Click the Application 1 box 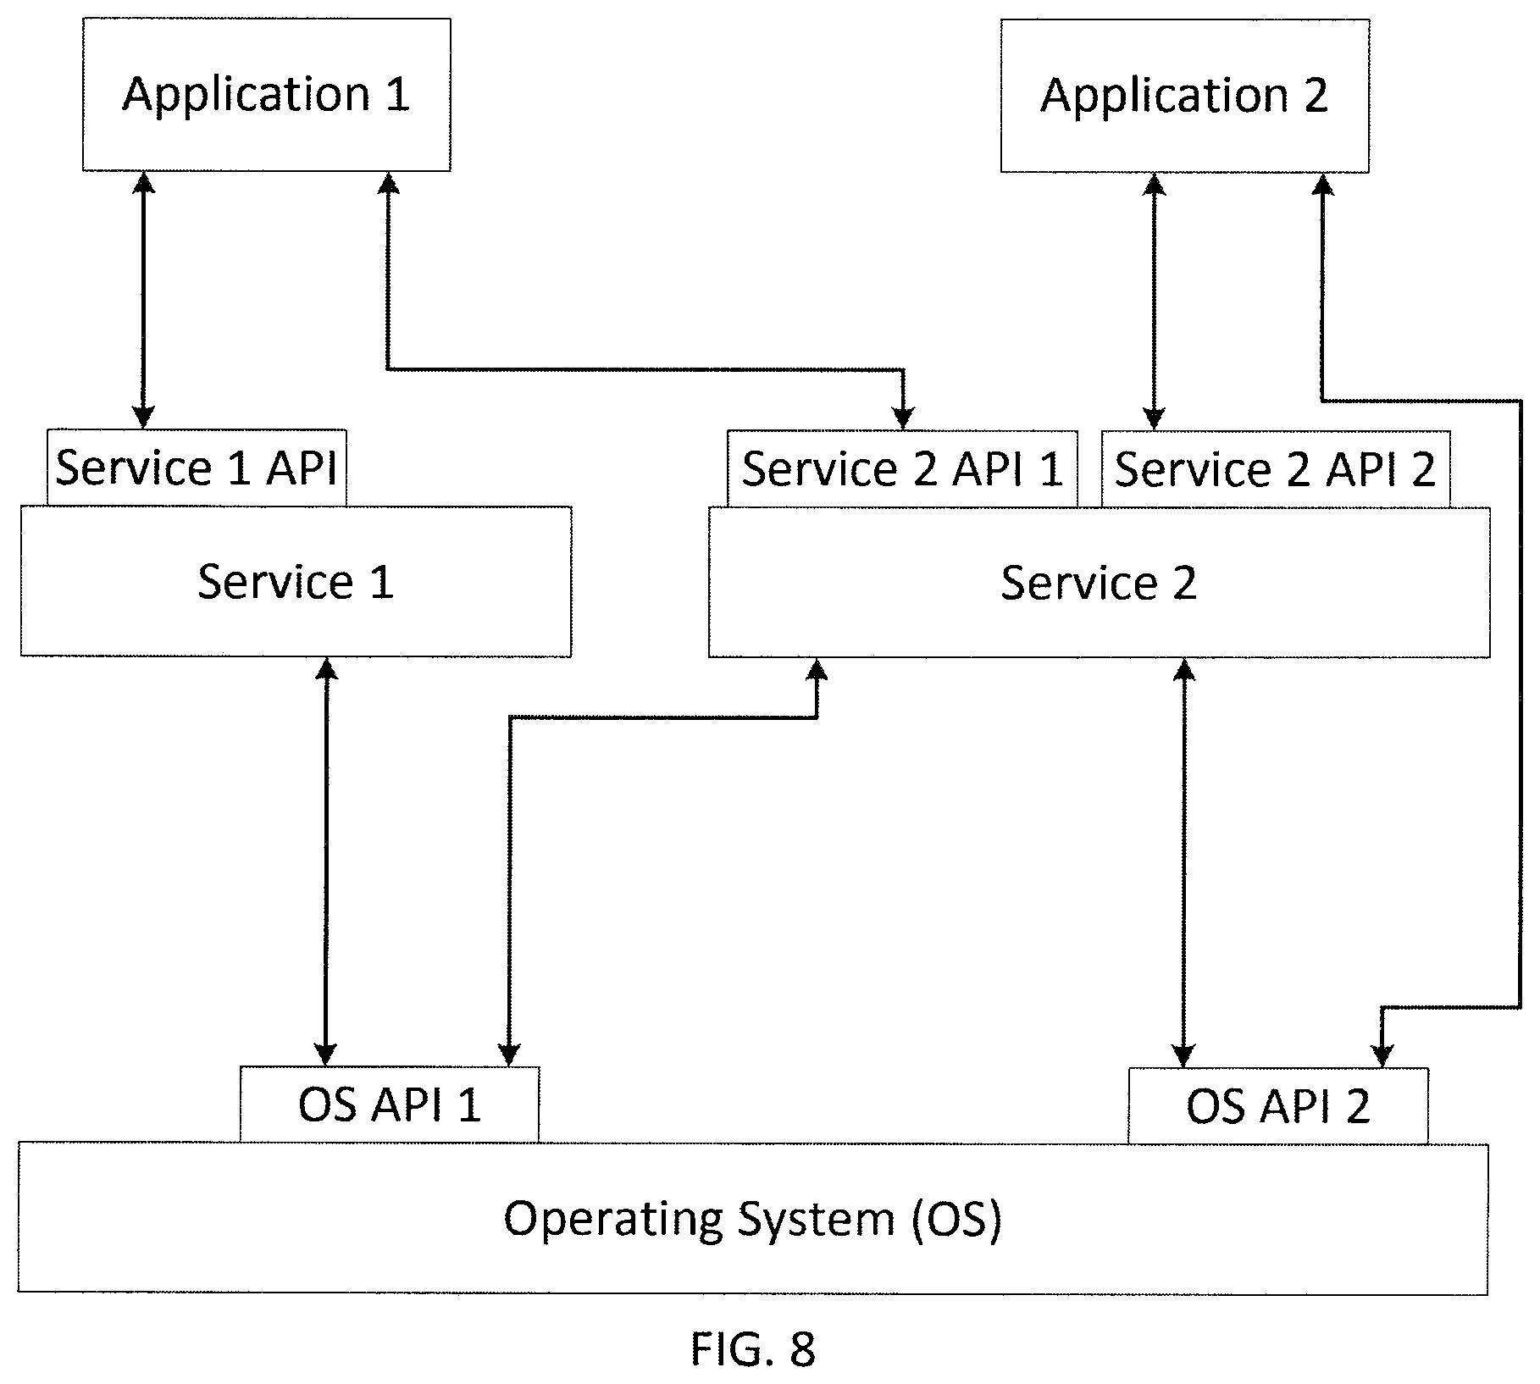(x=266, y=95)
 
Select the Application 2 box (x=1184, y=96)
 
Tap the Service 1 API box (x=197, y=468)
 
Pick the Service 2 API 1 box (x=902, y=469)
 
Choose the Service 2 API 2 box (x=1276, y=469)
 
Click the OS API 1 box (x=390, y=1104)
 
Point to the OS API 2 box (x=1278, y=1105)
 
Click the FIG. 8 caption (x=753, y=1349)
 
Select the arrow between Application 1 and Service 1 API (x=144, y=300)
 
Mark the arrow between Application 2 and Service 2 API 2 (x=1154, y=302)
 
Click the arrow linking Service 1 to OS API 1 (x=326, y=861)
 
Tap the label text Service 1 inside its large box (x=296, y=582)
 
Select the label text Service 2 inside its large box (x=1099, y=583)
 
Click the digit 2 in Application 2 (x=1315, y=95)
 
